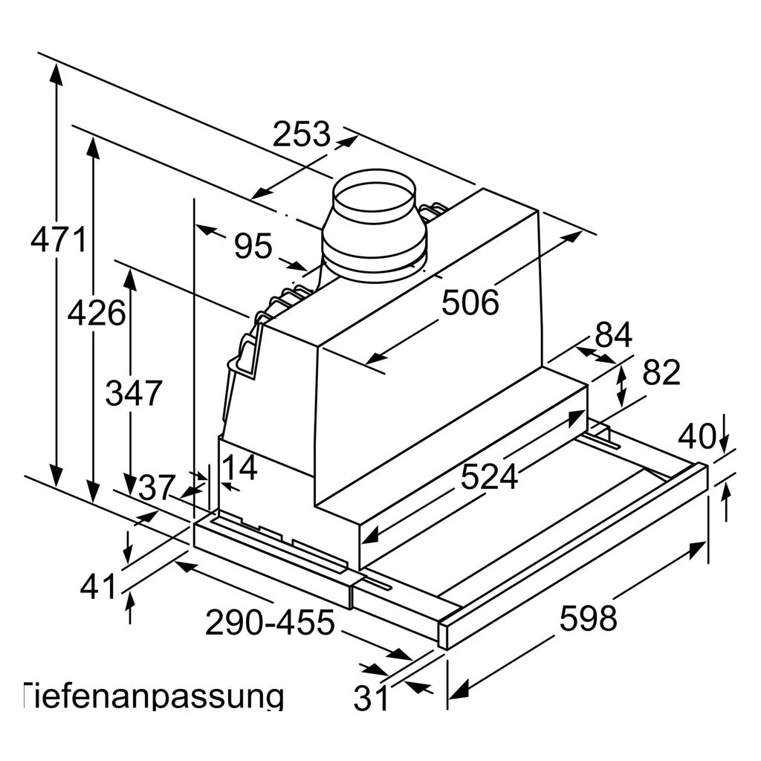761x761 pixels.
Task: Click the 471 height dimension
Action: (59, 240)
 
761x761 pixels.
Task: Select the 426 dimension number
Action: (96, 313)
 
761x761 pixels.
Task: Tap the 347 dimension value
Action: (133, 392)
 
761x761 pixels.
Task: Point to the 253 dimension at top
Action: (302, 134)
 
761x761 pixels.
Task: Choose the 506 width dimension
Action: (470, 302)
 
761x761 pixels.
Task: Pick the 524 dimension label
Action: (489, 476)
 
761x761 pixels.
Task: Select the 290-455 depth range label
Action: (270, 622)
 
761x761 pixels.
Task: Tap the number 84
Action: (613, 334)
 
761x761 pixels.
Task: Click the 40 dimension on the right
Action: (696, 435)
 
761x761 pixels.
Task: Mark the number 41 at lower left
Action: (98, 586)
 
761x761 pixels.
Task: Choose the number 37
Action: (156, 488)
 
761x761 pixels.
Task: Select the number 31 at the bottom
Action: (372, 698)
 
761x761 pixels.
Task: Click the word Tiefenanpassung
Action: (153, 697)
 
